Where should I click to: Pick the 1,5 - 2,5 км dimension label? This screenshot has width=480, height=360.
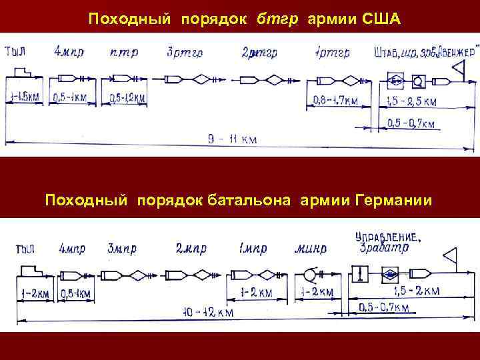pos(412,102)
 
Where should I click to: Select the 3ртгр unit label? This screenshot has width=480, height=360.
pos(181,52)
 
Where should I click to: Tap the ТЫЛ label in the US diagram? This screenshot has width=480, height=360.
pos(17,51)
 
